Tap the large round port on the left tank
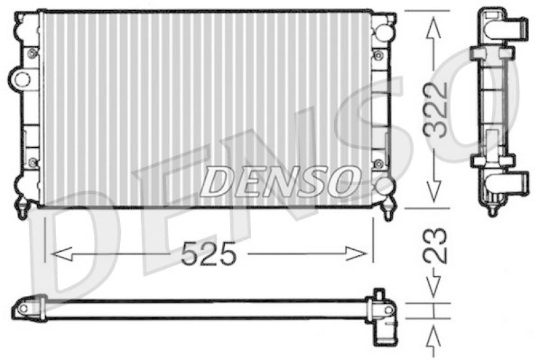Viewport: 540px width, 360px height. click(x=22, y=79)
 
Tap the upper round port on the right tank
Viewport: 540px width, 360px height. click(x=383, y=32)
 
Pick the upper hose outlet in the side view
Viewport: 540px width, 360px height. click(x=512, y=28)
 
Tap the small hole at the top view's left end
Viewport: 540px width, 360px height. click(x=23, y=308)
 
